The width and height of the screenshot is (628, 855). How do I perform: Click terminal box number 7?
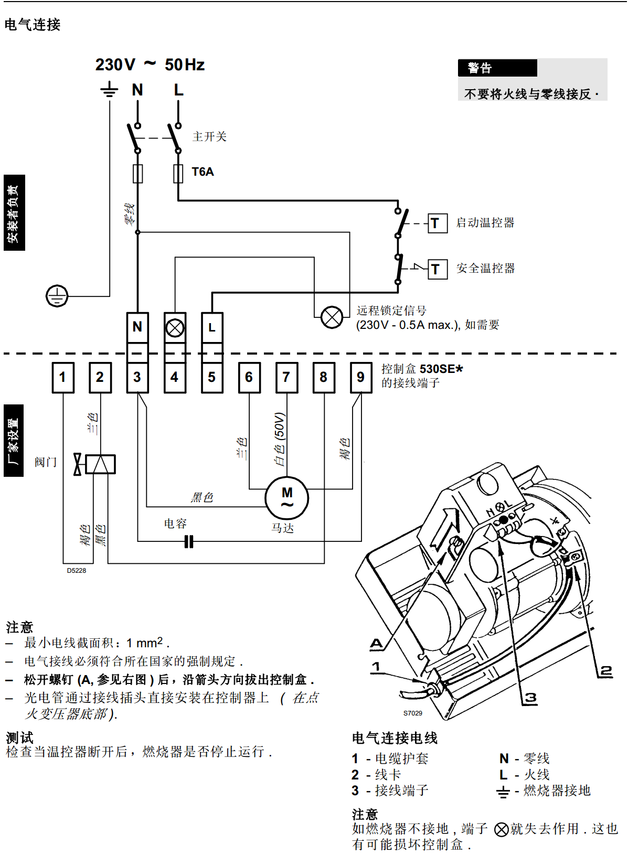[286, 377]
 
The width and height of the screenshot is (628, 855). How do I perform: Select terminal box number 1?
[63, 377]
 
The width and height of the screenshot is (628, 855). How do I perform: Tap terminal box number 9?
[361, 377]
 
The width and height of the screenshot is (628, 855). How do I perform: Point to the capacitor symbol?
[189, 541]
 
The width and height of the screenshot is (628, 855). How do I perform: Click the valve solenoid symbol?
[100, 464]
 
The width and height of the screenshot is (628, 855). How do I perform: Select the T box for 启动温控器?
[438, 223]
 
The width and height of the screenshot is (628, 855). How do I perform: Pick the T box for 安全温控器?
[438, 270]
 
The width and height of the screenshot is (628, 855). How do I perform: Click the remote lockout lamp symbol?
[332, 317]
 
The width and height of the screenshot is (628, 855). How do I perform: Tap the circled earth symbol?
[57, 296]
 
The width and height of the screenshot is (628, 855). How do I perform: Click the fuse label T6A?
[203, 172]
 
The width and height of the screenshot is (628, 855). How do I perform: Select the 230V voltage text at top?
[115, 65]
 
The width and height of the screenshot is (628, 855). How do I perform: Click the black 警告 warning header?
[497, 68]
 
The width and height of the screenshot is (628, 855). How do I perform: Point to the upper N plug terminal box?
[137, 327]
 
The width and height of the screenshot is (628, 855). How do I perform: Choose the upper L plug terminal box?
[212, 327]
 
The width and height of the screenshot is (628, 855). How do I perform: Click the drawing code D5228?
[77, 571]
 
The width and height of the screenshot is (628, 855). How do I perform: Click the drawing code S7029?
[413, 713]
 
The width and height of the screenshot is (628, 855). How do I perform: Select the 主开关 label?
[209, 137]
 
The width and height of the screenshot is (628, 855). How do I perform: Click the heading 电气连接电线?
[395, 739]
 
